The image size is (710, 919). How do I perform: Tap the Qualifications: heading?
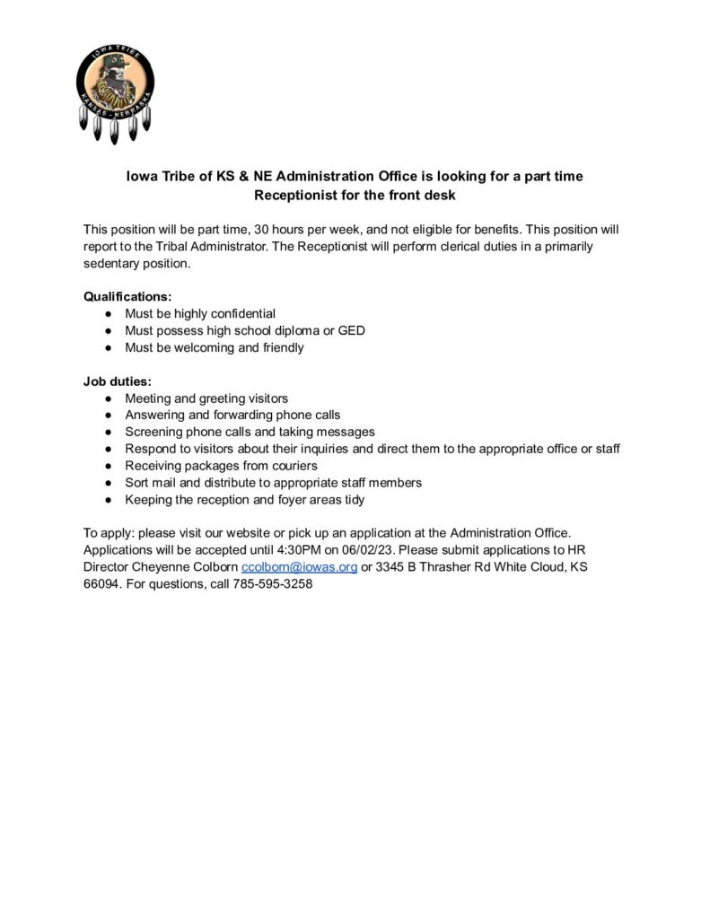[127, 295]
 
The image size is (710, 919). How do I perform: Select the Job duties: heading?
[118, 381]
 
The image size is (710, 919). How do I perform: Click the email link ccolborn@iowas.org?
[300, 567]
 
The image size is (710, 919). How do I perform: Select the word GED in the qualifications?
[351, 329]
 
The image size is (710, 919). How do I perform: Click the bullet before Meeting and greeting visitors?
[109, 398]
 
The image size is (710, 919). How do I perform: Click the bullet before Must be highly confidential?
[109, 313]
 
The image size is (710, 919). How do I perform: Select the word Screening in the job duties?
[155, 432]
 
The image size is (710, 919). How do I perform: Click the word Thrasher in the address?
[444, 567]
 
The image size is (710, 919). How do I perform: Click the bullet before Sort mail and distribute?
[109, 482]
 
